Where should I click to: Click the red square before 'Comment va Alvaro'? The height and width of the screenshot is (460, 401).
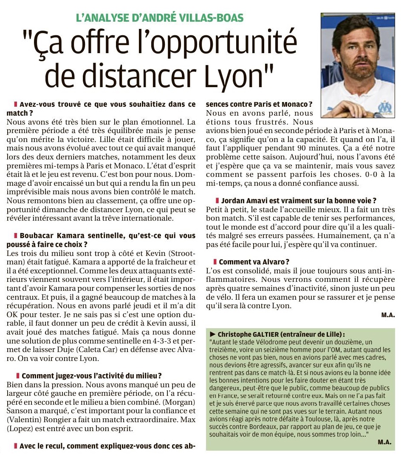215,262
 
